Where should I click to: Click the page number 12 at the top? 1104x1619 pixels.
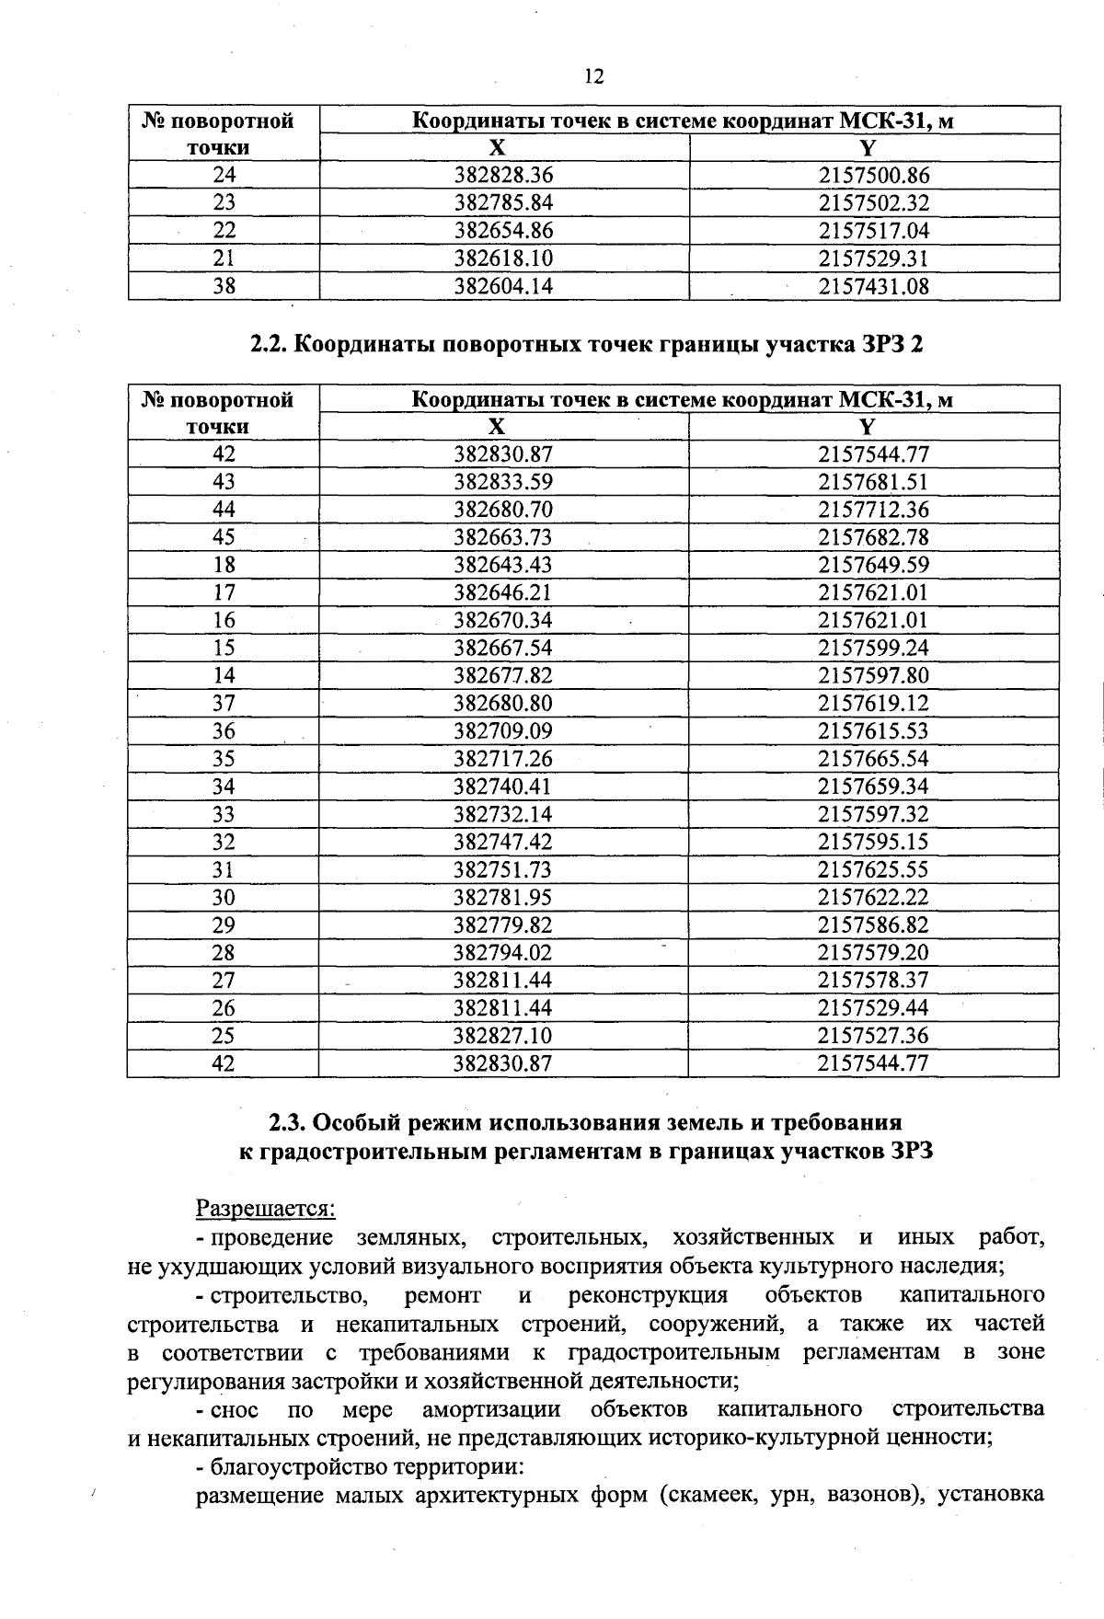[593, 77]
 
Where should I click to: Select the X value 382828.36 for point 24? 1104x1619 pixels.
[503, 176]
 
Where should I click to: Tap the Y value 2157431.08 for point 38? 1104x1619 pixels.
[873, 287]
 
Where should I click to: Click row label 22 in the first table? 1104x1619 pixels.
[224, 231]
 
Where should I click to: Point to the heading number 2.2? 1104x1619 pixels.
[268, 345]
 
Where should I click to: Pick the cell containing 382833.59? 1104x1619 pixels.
[503, 482]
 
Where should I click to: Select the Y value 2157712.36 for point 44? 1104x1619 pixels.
[873, 510]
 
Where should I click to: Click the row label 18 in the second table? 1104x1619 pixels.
[224, 565]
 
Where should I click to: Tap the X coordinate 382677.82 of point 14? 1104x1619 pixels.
[503, 676]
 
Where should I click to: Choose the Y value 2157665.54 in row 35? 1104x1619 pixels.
[873, 759]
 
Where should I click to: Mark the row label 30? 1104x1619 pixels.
[224, 898]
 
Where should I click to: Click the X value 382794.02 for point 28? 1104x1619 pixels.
[503, 953]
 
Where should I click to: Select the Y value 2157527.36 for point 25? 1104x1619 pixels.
[873, 1036]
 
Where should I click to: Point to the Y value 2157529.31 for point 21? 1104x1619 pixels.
[873, 258]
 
